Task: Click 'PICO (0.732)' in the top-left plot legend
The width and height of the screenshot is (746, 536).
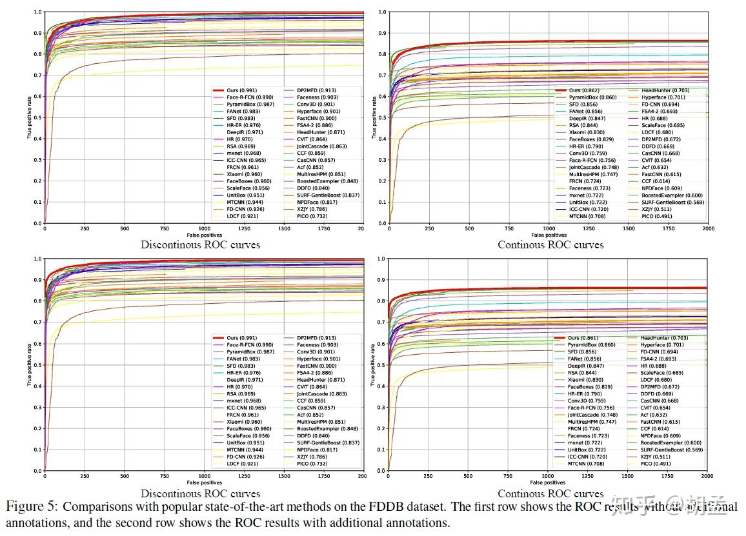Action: [x=313, y=216]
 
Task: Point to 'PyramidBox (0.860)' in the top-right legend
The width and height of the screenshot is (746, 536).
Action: [x=592, y=97]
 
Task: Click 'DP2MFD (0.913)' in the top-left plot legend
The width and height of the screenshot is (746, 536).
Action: [x=316, y=90]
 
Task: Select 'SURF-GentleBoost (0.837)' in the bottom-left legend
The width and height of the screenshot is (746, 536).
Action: [x=328, y=442]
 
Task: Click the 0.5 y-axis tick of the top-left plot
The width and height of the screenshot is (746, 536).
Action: [x=37, y=117]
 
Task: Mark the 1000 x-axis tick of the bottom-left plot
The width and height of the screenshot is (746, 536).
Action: [x=204, y=476]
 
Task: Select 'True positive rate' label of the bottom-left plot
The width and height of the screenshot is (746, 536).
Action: [x=29, y=365]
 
